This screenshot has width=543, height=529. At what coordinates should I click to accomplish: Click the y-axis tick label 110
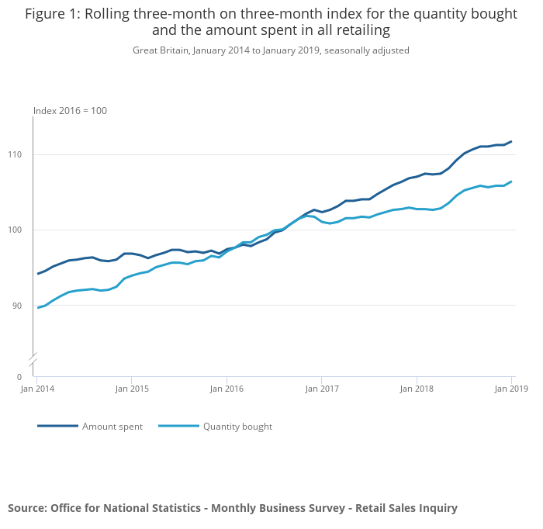point(22,155)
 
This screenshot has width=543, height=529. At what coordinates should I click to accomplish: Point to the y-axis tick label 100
point(22,230)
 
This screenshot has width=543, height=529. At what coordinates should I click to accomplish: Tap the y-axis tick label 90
point(24,306)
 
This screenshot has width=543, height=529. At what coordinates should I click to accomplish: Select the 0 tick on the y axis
point(27,377)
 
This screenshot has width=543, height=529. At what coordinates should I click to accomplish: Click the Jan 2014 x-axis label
point(37,389)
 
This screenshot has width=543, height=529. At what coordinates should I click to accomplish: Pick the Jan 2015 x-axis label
point(132,389)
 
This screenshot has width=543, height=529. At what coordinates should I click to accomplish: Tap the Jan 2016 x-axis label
point(226,389)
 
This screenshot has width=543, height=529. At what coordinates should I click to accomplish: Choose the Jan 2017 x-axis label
point(321,389)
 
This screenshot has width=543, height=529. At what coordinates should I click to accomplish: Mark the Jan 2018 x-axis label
point(417,389)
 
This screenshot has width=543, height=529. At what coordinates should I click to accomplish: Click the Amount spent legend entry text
point(112,427)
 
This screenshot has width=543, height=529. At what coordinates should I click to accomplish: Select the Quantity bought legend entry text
point(237,427)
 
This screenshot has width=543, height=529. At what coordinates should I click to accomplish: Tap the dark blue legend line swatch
point(57,426)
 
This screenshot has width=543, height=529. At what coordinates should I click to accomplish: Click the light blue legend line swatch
point(178,426)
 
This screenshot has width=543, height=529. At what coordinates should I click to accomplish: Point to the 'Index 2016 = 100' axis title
point(70,111)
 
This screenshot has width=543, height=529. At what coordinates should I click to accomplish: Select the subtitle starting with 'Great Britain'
point(271,50)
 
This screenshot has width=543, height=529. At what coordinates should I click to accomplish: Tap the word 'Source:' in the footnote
point(27,508)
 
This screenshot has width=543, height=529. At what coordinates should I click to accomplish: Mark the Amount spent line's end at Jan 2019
point(511,141)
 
